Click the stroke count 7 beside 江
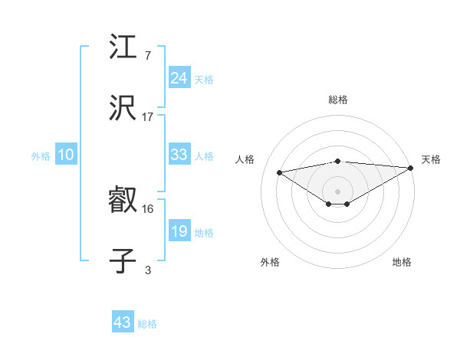[148, 56]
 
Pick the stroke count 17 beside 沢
[148, 116]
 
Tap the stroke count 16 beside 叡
[148, 208]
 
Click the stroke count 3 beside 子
[148, 269]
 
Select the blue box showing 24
[179, 78]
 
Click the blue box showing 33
[179, 155]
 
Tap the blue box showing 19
[179, 231]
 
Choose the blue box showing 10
[66, 155]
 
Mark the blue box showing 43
[122, 322]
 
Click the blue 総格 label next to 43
[147, 324]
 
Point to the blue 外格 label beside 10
[41, 156]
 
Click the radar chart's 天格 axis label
[431, 159]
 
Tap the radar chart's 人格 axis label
[246, 159]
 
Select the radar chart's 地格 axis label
[402, 262]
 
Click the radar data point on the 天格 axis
[411, 167]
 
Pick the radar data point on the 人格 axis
[280, 172]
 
